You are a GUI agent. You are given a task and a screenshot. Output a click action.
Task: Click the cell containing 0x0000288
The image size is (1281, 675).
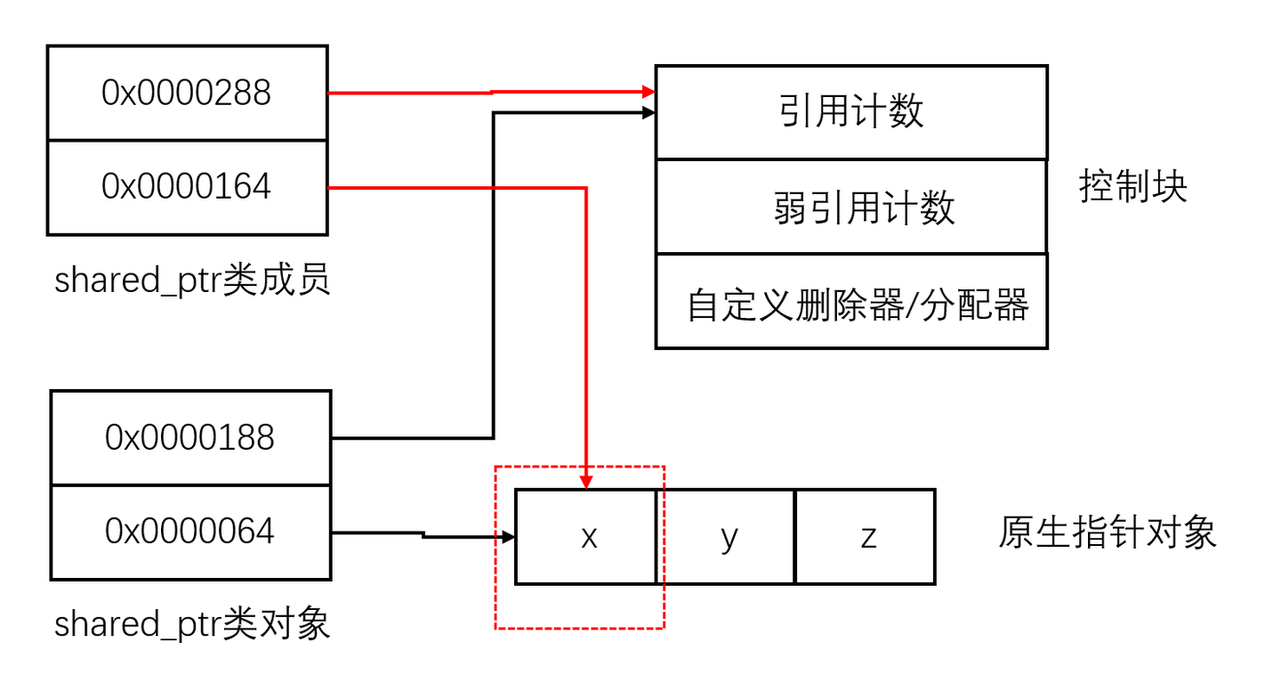[x=187, y=93]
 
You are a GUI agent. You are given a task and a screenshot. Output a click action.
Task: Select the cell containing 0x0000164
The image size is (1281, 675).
[x=187, y=187]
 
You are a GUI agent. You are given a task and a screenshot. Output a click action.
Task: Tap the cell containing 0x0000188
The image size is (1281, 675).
[x=190, y=437]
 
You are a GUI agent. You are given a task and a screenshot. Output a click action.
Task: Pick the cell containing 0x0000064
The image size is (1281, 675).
[x=190, y=532]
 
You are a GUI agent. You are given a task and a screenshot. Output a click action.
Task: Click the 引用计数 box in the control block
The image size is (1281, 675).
[x=851, y=112]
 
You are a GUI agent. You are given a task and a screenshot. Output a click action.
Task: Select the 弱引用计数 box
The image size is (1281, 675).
[x=851, y=207]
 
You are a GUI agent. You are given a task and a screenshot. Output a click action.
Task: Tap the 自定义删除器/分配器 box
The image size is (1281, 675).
[x=851, y=301]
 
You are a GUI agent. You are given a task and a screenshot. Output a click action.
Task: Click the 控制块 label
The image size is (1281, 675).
[x=1133, y=187]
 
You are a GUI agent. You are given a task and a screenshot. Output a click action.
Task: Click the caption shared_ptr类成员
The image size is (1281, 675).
[x=192, y=281]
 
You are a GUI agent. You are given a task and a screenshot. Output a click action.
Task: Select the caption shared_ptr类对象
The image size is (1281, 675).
[x=192, y=623]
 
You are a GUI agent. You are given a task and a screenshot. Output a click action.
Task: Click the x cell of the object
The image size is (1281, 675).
[x=587, y=537]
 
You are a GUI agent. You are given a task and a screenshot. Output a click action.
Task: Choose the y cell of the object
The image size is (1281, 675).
[x=728, y=537]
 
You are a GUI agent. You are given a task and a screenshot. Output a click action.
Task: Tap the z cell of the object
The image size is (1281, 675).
[x=866, y=537]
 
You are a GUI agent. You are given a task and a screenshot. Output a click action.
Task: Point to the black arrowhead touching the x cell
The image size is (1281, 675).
[x=509, y=537]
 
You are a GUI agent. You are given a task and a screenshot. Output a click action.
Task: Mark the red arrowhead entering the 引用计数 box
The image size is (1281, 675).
[x=649, y=91]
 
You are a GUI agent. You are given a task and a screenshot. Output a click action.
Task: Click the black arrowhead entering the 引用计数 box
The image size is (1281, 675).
[x=649, y=112]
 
